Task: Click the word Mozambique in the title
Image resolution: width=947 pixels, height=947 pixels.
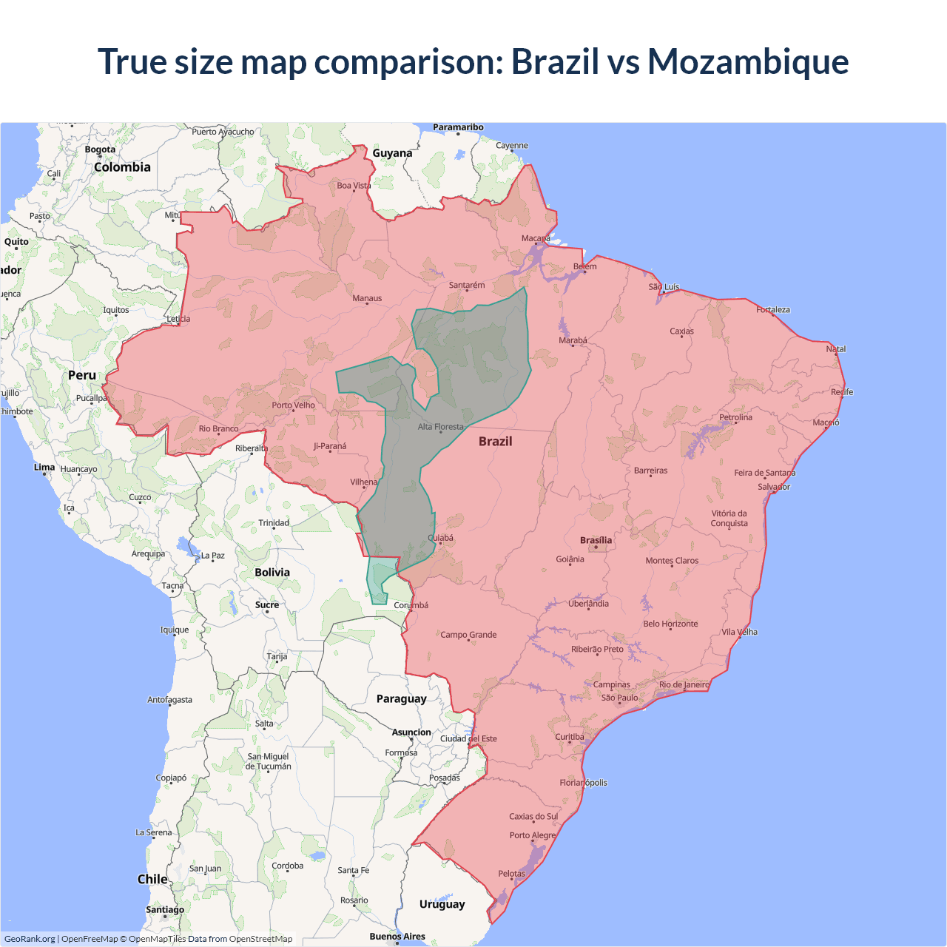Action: pyautogui.click(x=748, y=62)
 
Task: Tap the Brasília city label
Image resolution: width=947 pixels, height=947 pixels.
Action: pyautogui.click(x=596, y=540)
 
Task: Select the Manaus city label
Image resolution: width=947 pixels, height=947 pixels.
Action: pyautogui.click(x=367, y=298)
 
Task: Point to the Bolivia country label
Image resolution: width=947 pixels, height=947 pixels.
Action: pyautogui.click(x=272, y=572)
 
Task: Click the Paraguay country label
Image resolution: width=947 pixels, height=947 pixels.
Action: pyautogui.click(x=401, y=698)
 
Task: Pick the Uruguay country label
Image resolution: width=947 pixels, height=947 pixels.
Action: pyautogui.click(x=442, y=903)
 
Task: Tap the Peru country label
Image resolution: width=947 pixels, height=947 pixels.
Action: pyautogui.click(x=82, y=375)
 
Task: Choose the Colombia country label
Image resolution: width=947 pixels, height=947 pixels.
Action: pyautogui.click(x=122, y=167)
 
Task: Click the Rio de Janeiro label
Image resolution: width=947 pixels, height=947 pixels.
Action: pyautogui.click(x=684, y=684)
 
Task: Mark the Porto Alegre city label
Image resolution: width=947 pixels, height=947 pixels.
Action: pyautogui.click(x=532, y=835)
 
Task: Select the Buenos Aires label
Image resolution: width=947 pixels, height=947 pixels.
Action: pyautogui.click(x=397, y=936)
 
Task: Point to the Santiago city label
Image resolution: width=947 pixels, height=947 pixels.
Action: pyautogui.click(x=165, y=909)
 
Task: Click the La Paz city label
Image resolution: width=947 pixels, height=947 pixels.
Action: pyautogui.click(x=213, y=555)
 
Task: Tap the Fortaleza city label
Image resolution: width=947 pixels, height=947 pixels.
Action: pyautogui.click(x=773, y=309)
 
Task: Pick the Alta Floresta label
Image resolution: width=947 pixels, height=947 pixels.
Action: pyautogui.click(x=440, y=426)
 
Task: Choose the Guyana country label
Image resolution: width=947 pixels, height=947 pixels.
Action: pyautogui.click(x=392, y=153)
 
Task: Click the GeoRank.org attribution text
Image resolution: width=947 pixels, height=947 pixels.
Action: pyautogui.click(x=30, y=939)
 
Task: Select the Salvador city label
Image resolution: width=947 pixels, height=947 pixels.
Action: pyautogui.click(x=774, y=487)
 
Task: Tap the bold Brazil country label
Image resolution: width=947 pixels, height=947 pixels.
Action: pyautogui.click(x=495, y=441)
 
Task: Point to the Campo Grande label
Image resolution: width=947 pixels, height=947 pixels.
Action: pyautogui.click(x=468, y=634)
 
